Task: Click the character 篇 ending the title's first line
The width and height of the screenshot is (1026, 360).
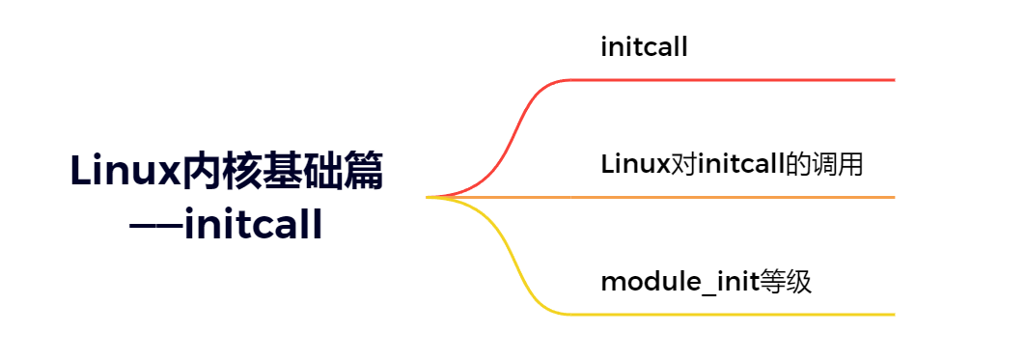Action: pos(363,173)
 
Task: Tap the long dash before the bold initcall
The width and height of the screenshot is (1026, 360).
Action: pos(155,228)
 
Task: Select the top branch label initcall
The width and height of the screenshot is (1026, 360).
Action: pos(644,47)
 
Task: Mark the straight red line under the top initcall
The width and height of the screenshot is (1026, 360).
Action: pos(734,80)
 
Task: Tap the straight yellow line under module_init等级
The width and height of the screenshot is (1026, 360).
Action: pos(734,315)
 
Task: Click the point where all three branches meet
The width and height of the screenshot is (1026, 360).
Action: pos(429,197)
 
